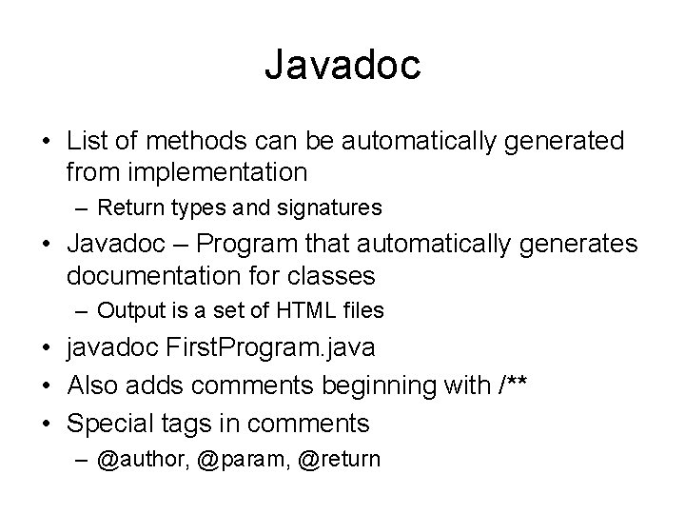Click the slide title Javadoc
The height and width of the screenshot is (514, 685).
point(342,66)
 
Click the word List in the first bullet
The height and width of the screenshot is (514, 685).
point(87,142)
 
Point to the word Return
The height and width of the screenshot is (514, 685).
point(129,207)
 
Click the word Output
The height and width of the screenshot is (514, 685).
point(129,310)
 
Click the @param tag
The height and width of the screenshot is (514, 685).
point(231,459)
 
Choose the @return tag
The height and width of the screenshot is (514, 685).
point(339,459)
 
